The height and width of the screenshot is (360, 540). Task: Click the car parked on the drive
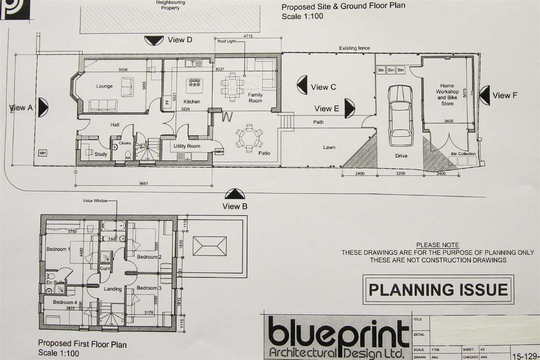coord(400,115)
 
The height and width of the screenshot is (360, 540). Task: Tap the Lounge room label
coord(104,86)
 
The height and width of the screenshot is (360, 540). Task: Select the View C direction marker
coord(302,85)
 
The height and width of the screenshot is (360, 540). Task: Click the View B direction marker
coord(235,194)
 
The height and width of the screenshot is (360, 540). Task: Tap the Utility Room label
coord(187,146)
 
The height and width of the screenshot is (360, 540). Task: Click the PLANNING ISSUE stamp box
coord(438,289)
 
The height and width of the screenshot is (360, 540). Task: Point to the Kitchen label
coord(191,101)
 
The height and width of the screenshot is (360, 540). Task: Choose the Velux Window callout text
coord(95,201)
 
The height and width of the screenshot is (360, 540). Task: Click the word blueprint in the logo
coord(338,333)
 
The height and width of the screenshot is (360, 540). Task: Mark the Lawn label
coord(329,148)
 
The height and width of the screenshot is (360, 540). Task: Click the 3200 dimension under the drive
coord(400,173)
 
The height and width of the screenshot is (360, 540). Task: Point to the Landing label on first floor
coord(113,289)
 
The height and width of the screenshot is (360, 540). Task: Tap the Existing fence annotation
coord(354,48)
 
